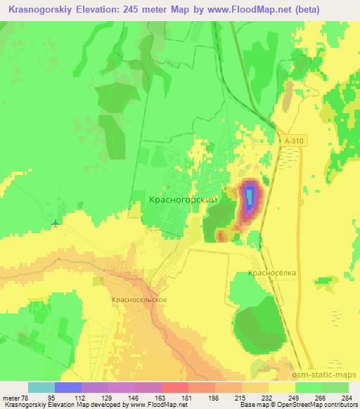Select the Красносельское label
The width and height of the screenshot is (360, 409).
tap(139, 299)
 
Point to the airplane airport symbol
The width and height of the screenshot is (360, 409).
tap(56, 225)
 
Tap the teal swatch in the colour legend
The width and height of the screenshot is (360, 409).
tap(41, 387)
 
